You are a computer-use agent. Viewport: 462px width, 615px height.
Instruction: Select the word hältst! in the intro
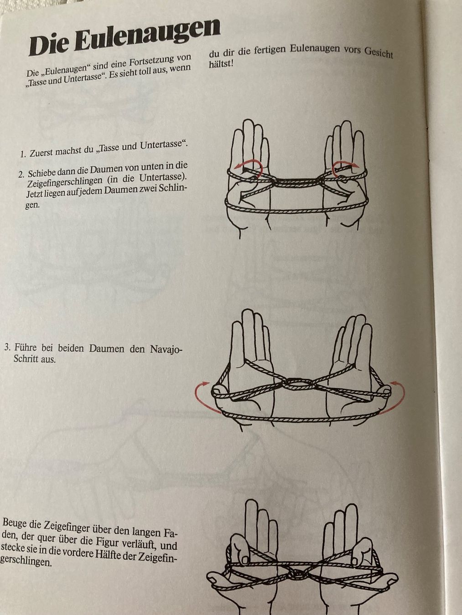tap(221, 64)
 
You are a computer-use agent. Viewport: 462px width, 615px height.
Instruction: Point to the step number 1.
tap(23, 154)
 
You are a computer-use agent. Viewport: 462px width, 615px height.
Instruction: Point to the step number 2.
tap(21, 174)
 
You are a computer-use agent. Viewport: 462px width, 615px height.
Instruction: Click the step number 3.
tap(7, 348)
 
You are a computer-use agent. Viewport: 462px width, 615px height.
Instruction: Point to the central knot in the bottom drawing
tap(297, 574)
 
